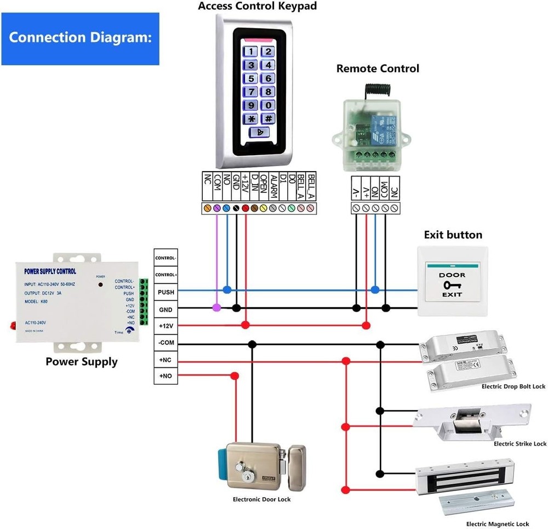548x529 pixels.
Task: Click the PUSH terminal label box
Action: (165, 292)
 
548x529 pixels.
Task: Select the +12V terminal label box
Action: (165, 326)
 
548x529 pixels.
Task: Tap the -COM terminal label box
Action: (165, 343)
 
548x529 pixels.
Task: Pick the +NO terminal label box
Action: (165, 376)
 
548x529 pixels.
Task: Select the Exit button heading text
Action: (453, 235)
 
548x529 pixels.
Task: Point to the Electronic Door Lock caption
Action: (261, 499)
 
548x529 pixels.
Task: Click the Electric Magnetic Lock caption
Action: (497, 524)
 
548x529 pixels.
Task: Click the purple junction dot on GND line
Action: (217, 309)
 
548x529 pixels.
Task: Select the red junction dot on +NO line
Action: (235, 376)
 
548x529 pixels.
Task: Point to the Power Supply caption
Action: (81, 362)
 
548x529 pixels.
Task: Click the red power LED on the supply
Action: (101, 285)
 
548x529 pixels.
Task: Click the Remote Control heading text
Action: (377, 69)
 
